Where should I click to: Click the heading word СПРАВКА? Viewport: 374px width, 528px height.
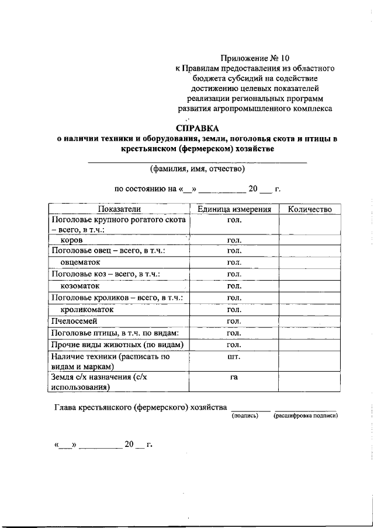(x=197, y=128)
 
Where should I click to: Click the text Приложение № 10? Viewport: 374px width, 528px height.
(x=255, y=58)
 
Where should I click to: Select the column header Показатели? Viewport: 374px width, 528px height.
(x=119, y=209)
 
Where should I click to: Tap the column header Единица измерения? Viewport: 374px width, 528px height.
(x=234, y=209)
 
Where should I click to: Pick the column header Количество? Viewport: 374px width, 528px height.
(x=310, y=209)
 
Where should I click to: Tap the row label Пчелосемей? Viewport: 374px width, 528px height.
(x=74, y=321)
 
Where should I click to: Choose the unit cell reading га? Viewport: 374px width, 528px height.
(x=234, y=377)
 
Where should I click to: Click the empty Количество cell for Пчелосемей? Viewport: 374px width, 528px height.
(x=310, y=321)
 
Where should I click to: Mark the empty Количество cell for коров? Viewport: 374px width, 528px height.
(x=310, y=240)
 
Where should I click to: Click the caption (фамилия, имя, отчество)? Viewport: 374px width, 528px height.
(x=197, y=169)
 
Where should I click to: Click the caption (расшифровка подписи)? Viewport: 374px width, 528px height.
(x=306, y=416)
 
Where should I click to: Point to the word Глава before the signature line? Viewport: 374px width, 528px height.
(x=64, y=407)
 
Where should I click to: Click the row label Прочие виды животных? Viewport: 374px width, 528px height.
(x=117, y=344)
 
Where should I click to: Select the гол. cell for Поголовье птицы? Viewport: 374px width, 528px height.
(x=234, y=333)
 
